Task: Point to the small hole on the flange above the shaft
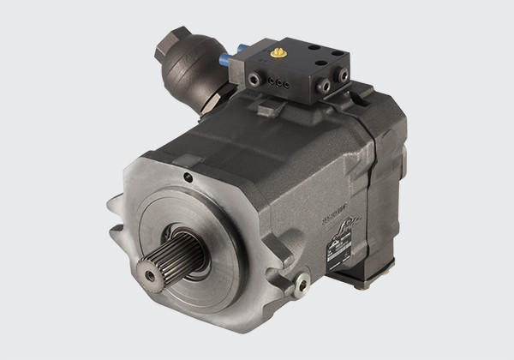click(x=187, y=178)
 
